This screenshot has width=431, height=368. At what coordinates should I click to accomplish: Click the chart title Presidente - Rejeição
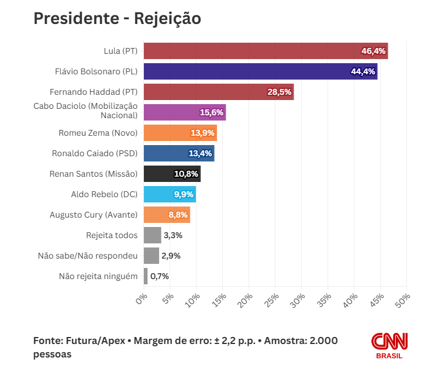tap(117, 19)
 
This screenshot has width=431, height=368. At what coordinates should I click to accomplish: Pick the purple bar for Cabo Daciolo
tap(185, 112)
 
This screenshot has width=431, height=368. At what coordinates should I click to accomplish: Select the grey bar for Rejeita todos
tap(153, 235)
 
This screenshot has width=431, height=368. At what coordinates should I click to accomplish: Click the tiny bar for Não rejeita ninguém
tap(146, 276)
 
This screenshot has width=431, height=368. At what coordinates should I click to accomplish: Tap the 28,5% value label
tap(280, 92)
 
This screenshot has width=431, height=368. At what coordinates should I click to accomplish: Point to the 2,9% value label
tap(171, 256)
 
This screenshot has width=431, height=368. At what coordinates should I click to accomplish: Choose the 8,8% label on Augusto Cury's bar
tap(178, 215)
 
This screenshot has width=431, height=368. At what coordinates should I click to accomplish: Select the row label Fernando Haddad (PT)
tap(94, 92)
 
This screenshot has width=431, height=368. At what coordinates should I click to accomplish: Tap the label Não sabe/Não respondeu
tap(88, 256)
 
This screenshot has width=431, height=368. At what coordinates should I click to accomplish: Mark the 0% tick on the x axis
tap(141, 299)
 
